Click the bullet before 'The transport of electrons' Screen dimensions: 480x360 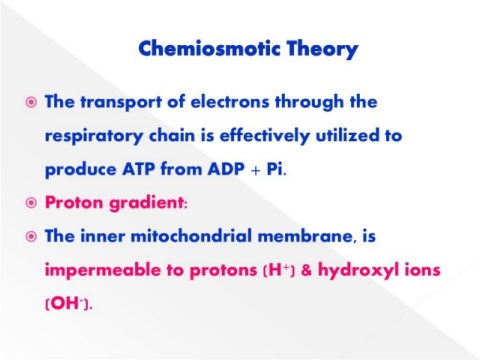click(x=31, y=102)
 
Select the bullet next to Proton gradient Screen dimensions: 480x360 click(x=31, y=202)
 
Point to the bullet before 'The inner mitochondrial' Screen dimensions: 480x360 click(x=31, y=236)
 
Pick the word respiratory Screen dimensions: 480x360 click(x=94, y=136)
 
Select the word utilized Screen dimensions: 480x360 click(x=347, y=135)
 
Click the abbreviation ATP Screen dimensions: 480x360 click(x=138, y=169)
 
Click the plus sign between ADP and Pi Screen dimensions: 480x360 click(x=256, y=171)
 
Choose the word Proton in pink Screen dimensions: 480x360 click(x=74, y=202)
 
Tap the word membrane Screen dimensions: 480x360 click(x=305, y=236)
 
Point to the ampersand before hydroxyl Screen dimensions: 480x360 click(x=306, y=270)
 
